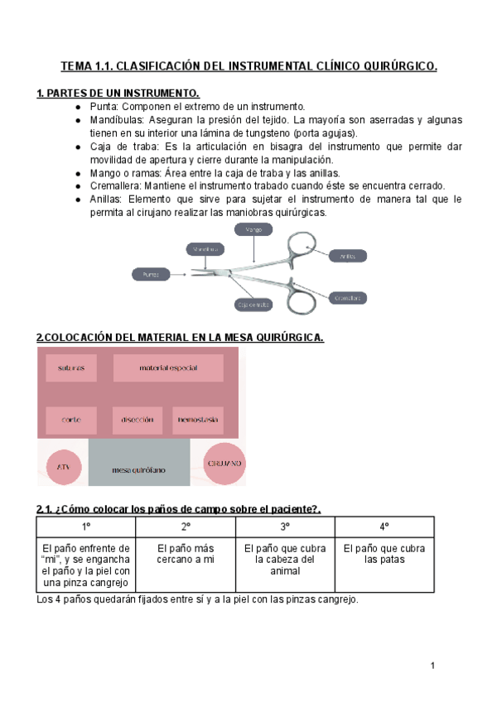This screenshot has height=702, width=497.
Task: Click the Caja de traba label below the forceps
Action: pyautogui.click(x=253, y=305)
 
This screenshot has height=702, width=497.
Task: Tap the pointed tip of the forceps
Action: pyautogui.click(x=192, y=271)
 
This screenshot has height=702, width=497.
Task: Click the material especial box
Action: pyautogui.click(x=168, y=368)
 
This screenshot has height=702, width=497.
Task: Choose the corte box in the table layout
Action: pyautogui.click(x=71, y=420)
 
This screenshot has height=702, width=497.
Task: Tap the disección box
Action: pyautogui.click(x=137, y=420)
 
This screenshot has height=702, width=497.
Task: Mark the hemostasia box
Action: pyautogui.click(x=197, y=420)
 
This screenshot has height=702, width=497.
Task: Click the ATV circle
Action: pyautogui.click(x=63, y=467)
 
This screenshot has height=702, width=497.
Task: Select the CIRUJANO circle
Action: pyautogui.click(x=215, y=464)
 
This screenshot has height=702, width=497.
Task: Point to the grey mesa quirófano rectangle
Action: pyautogui.click(x=138, y=469)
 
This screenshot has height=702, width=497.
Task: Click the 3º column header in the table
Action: pyautogui.click(x=284, y=526)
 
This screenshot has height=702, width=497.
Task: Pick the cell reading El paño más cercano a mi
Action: pyautogui.click(x=186, y=554)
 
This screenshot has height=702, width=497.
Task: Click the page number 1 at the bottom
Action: pyautogui.click(x=432, y=666)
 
